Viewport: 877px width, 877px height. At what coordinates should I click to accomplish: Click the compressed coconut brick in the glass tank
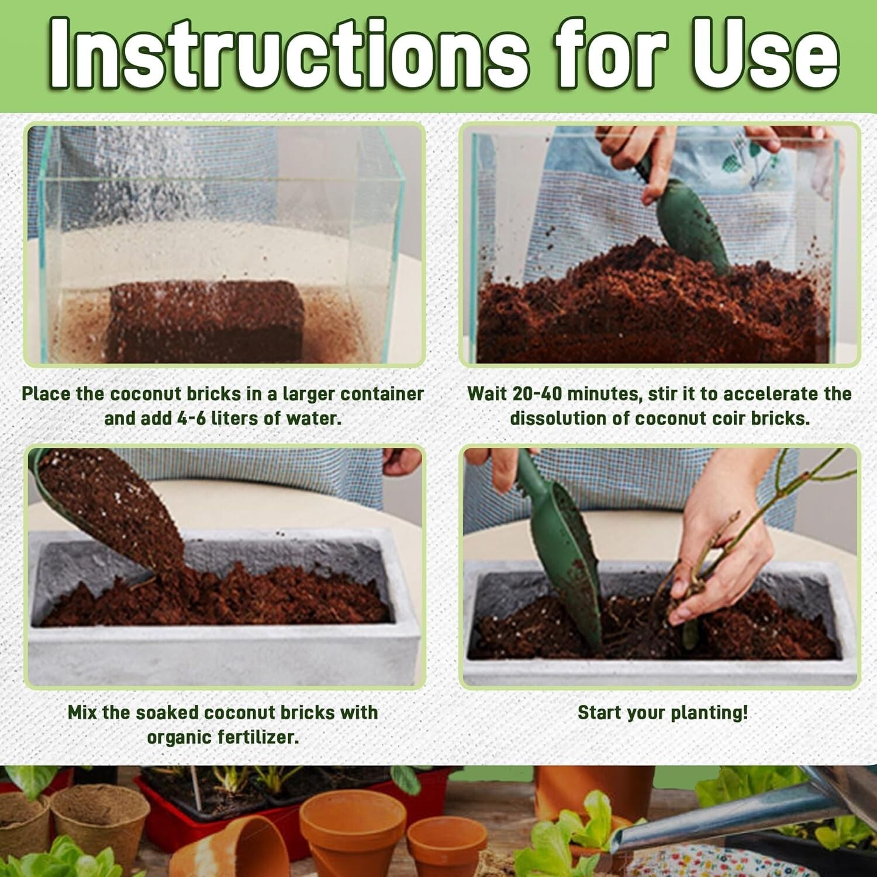[x=207, y=320]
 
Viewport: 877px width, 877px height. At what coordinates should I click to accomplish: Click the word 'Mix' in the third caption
[x=82, y=713]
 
